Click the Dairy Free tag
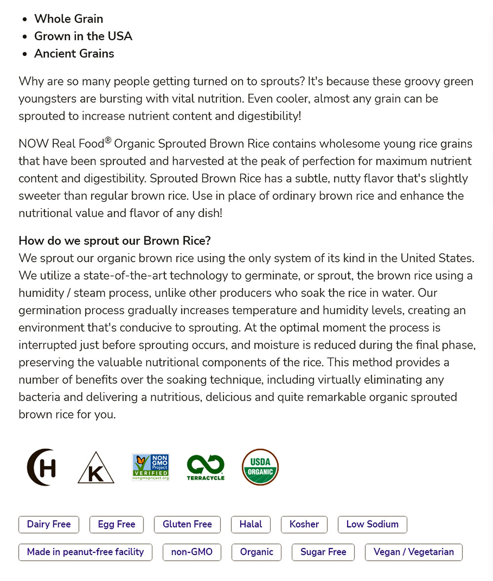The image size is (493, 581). click(49, 524)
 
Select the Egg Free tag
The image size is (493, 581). click(116, 524)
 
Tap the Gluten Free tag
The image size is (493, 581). click(187, 524)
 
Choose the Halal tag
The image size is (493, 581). click(251, 524)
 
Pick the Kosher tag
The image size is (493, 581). click(304, 524)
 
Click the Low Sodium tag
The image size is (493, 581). click(372, 524)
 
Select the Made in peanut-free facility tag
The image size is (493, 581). click(85, 552)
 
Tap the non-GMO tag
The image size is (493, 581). click(192, 552)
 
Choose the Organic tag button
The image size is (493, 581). click(256, 552)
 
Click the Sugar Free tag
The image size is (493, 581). click(323, 552)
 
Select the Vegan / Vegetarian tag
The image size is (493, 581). click(414, 552)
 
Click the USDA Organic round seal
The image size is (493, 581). click(260, 467)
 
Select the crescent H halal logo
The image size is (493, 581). click(41, 467)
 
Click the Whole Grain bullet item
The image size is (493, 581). click(69, 19)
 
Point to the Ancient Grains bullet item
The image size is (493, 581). click(74, 53)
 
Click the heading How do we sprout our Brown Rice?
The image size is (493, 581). click(115, 241)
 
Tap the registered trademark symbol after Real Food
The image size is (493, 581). click(108, 141)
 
